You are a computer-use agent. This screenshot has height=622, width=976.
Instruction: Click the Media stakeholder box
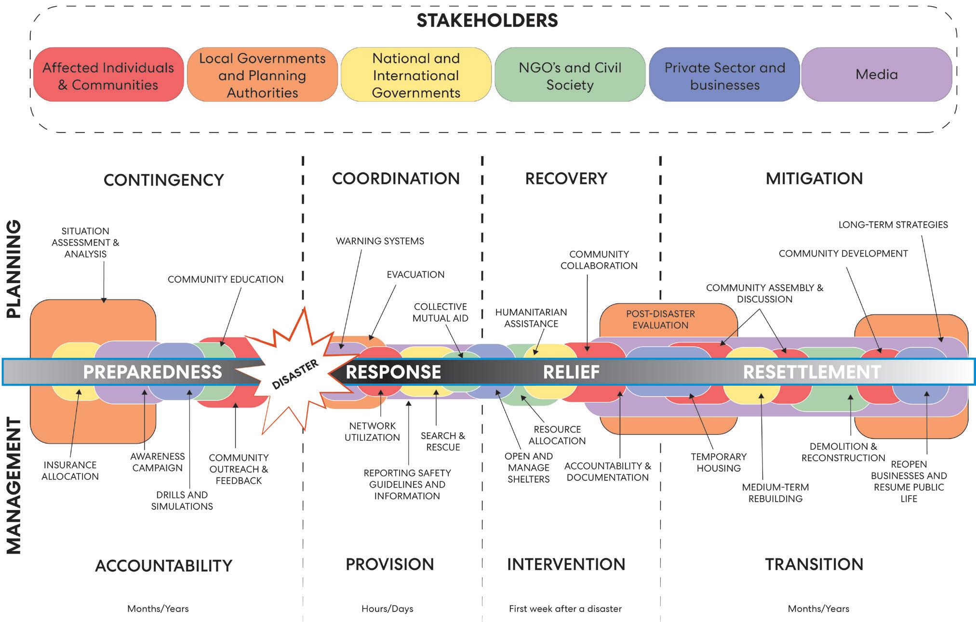click(x=876, y=74)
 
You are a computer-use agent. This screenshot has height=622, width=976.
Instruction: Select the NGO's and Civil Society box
click(x=570, y=76)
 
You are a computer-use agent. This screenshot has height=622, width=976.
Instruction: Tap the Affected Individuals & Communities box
click(x=108, y=76)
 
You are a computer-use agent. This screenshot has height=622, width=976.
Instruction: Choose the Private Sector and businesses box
click(x=724, y=76)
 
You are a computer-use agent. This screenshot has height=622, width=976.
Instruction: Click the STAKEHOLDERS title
click(x=487, y=21)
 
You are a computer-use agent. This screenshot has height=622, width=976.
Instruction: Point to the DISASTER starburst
click(x=295, y=374)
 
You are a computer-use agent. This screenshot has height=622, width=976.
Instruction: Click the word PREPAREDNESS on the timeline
click(x=152, y=372)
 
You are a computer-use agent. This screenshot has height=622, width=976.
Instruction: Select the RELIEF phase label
click(x=571, y=372)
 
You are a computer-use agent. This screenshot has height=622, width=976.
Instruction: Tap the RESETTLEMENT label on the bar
click(x=812, y=372)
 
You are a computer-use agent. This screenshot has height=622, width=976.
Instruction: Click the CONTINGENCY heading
click(x=164, y=180)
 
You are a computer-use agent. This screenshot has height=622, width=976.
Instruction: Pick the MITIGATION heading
click(x=814, y=178)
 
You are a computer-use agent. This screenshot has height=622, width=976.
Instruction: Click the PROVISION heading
click(x=389, y=564)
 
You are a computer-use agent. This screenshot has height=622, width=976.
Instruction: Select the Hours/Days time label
click(x=388, y=608)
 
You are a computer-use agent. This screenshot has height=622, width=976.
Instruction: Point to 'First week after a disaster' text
click(x=565, y=608)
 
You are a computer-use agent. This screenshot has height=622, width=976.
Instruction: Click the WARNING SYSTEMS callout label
click(x=380, y=241)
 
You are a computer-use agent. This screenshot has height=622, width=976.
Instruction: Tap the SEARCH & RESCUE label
click(x=443, y=441)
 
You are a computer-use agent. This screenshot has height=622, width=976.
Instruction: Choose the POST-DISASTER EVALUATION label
click(x=660, y=319)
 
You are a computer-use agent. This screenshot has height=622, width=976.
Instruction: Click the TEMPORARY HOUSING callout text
click(x=718, y=462)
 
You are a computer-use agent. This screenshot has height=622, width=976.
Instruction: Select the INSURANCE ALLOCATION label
click(x=70, y=471)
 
